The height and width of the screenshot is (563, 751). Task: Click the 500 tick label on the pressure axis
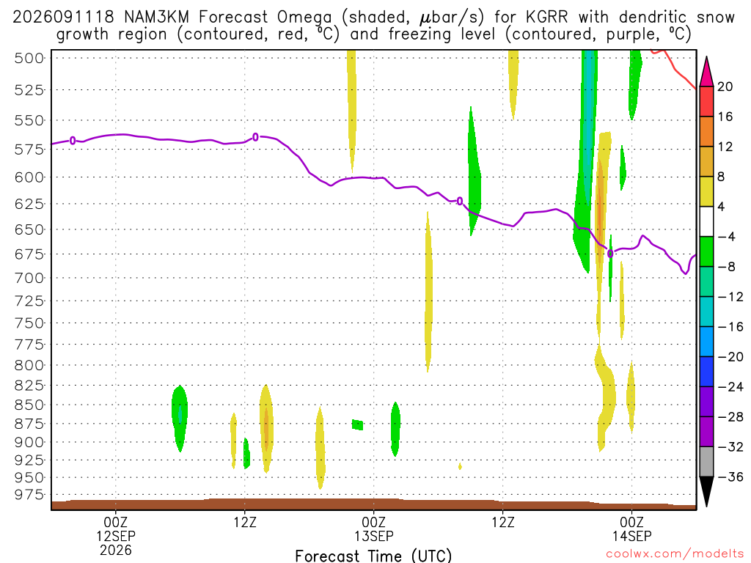pyautogui.click(x=29, y=59)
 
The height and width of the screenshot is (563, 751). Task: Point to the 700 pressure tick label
pyautogui.click(x=29, y=278)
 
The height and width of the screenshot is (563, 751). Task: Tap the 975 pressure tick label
pyautogui.click(x=29, y=495)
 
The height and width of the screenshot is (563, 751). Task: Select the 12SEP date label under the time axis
pyautogui.click(x=116, y=536)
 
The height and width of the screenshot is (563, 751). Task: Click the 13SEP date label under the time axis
pyautogui.click(x=374, y=536)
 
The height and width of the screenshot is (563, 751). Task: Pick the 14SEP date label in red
pyautogui.click(x=632, y=536)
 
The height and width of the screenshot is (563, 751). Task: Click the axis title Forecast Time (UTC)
pyautogui.click(x=373, y=556)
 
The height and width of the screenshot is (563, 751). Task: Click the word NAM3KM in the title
pyautogui.click(x=157, y=18)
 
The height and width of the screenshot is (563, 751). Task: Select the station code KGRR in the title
pyautogui.click(x=546, y=18)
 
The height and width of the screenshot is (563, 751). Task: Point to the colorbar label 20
pyautogui.click(x=725, y=87)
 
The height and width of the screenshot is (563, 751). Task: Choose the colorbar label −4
pyautogui.click(x=726, y=237)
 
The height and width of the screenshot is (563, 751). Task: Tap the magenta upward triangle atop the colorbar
pyautogui.click(x=706, y=71)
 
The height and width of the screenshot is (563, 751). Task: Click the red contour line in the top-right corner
pyautogui.click(x=675, y=70)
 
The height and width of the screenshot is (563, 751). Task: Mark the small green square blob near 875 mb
pyautogui.click(x=357, y=424)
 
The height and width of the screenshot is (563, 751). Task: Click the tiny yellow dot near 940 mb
pyautogui.click(x=460, y=466)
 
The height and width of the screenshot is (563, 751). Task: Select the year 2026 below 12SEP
pyautogui.click(x=116, y=550)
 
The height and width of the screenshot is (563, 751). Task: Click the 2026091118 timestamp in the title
pyautogui.click(x=64, y=18)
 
